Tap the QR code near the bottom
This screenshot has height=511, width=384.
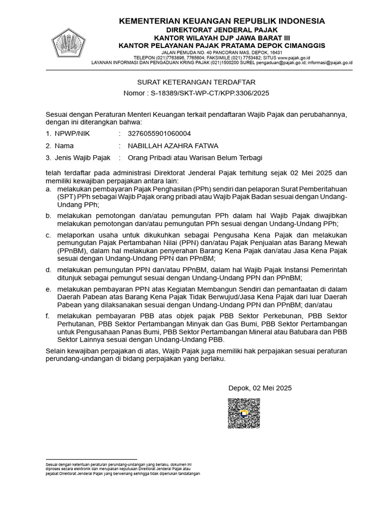pyautogui.click(x=244, y=413)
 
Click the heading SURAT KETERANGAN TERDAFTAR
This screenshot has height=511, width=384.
pyautogui.click(x=196, y=82)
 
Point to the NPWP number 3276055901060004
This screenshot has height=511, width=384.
pyautogui.click(x=159, y=133)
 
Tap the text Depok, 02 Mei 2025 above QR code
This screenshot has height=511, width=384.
pyautogui.click(x=260, y=388)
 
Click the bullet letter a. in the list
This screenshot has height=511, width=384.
pyautogui.click(x=48, y=190)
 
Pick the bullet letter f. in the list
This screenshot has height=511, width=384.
pyautogui.click(x=47, y=316)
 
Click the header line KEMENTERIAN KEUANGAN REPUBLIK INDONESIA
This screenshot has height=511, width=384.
pyautogui.click(x=221, y=21)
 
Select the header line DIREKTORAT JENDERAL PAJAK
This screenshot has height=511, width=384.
pyautogui.click(x=221, y=30)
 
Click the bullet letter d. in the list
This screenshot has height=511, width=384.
pyautogui.click(x=48, y=269)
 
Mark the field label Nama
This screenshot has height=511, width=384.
pyautogui.click(x=64, y=146)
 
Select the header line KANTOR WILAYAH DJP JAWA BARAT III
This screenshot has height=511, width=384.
pyautogui.click(x=221, y=38)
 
